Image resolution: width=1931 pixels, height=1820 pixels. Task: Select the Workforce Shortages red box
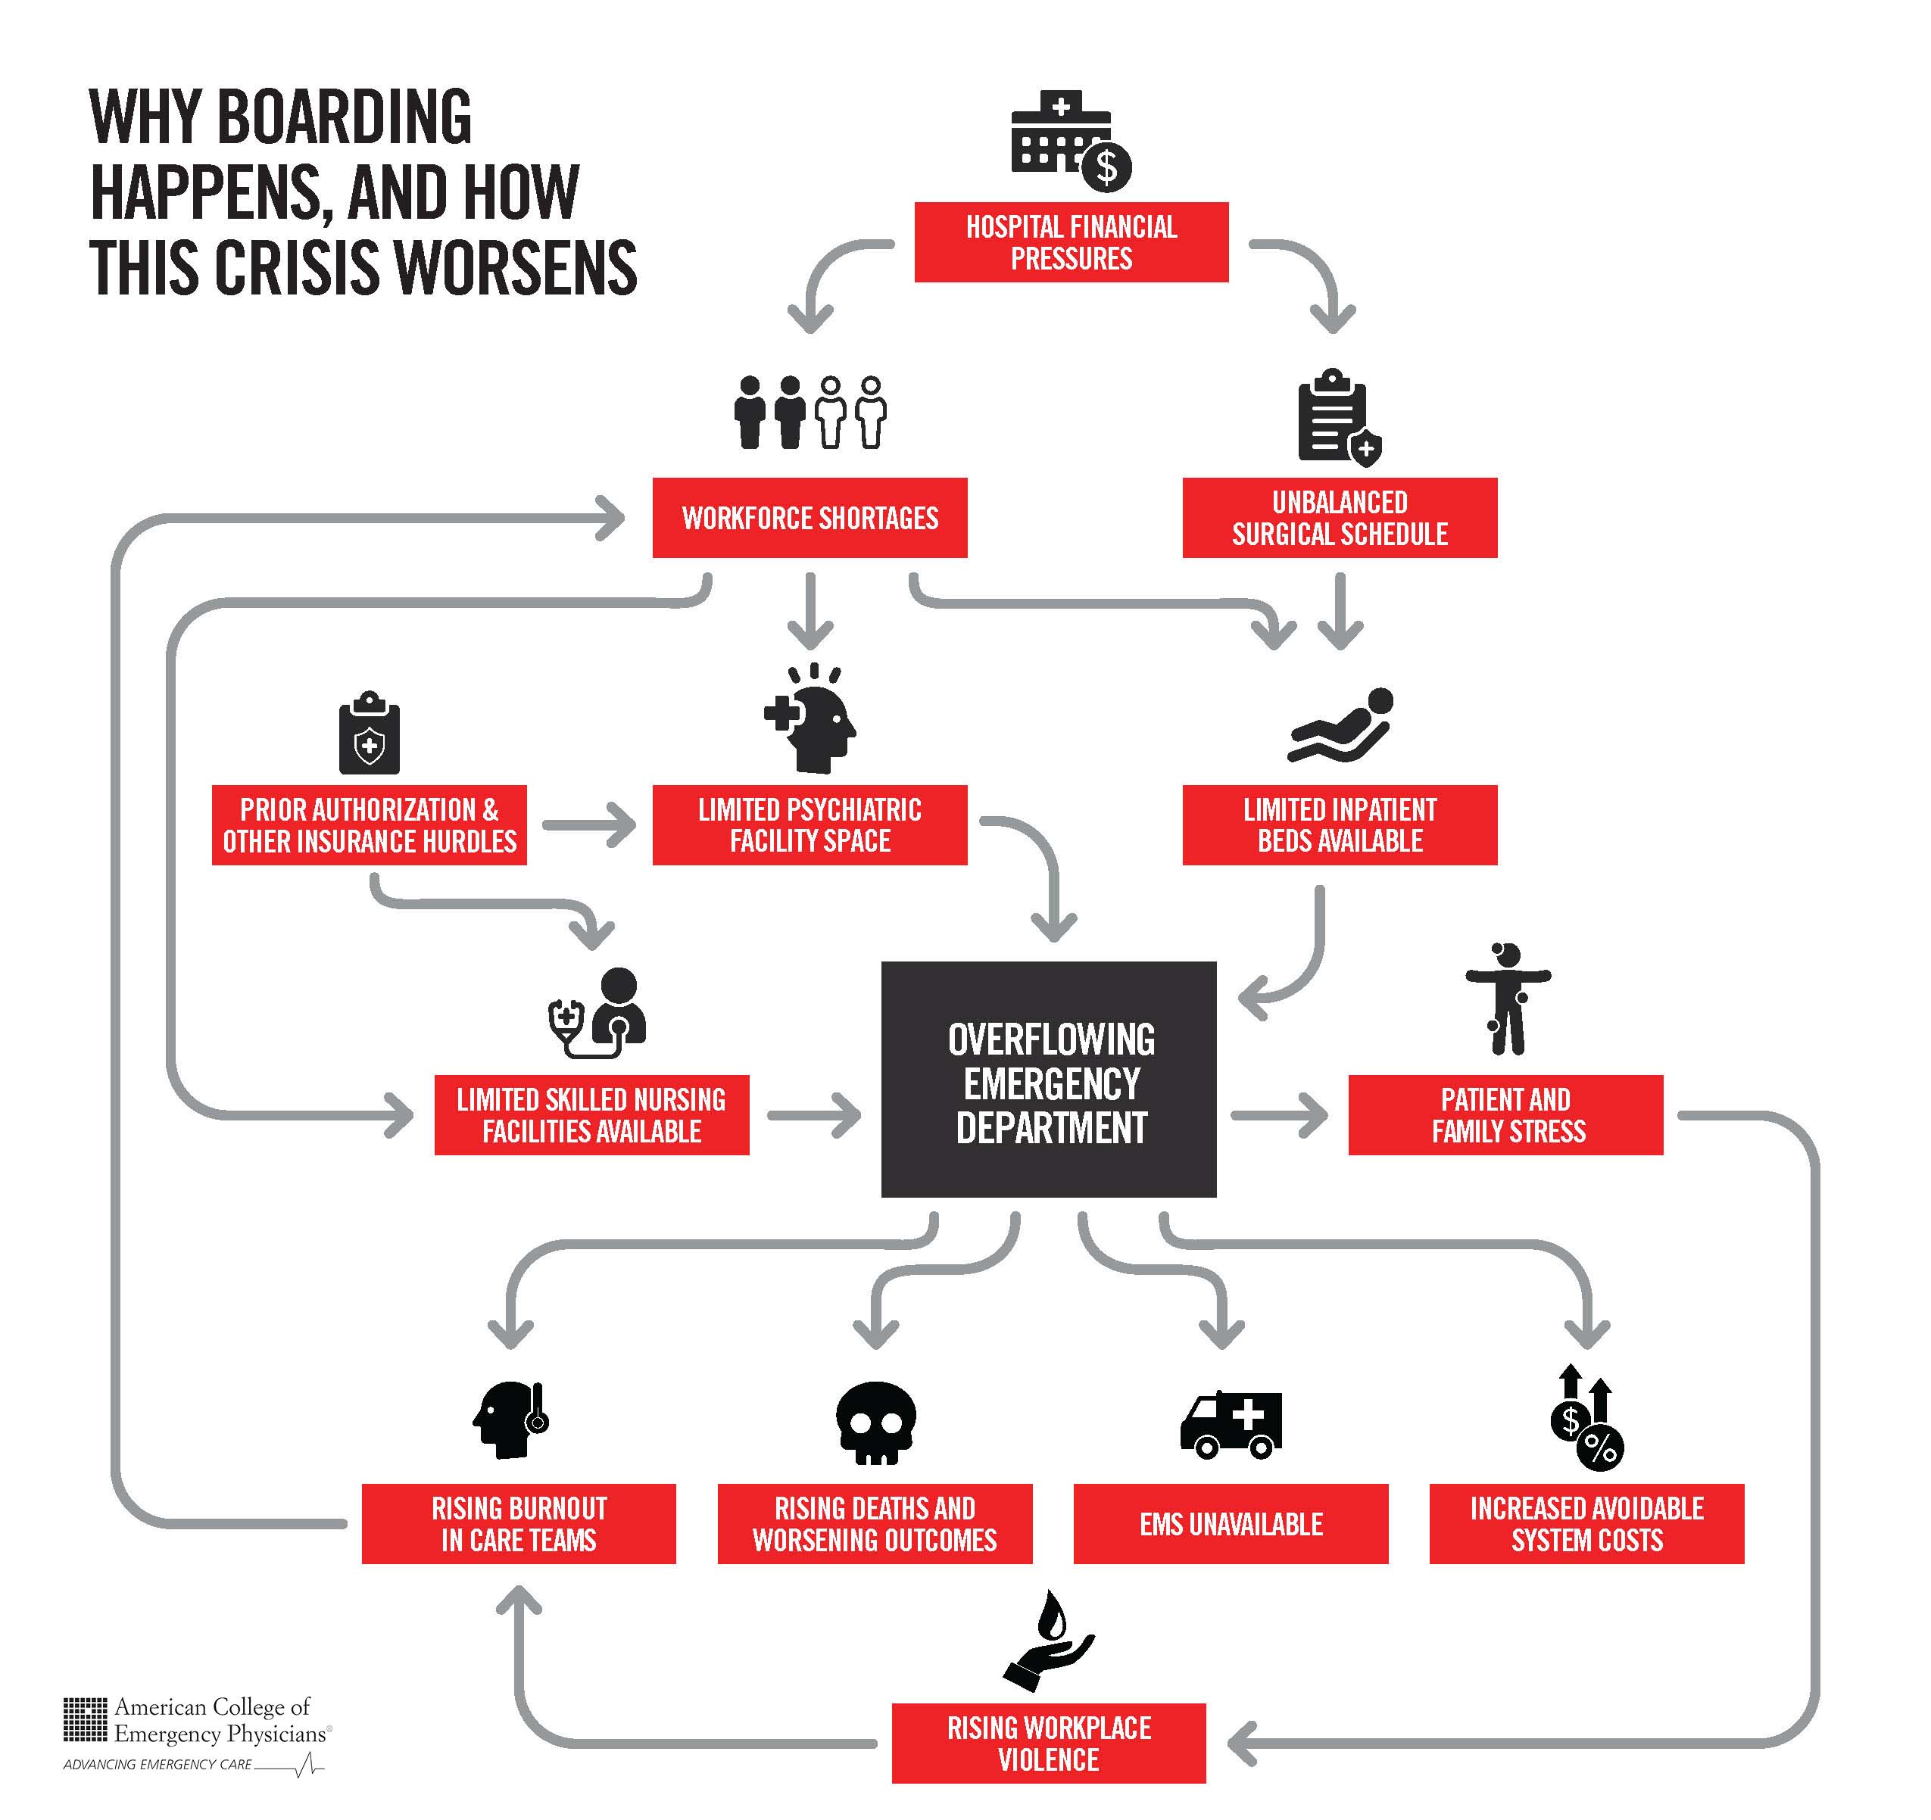[810, 518]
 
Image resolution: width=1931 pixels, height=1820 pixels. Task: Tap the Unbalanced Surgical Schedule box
[1340, 518]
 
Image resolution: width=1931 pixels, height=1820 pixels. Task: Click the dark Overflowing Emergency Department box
[1049, 1079]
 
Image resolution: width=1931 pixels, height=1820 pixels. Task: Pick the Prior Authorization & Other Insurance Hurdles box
[369, 824]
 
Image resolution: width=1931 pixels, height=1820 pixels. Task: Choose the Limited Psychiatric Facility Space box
[810, 824]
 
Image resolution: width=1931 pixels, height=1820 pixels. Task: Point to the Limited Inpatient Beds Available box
[1340, 824]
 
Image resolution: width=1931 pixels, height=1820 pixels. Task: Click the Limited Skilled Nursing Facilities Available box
[591, 1115]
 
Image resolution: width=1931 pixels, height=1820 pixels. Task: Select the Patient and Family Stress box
[1505, 1115]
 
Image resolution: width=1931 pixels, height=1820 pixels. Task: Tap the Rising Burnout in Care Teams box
[519, 1524]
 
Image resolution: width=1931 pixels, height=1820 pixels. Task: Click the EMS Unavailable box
[1231, 1524]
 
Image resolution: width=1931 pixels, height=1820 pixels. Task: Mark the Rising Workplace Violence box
[1049, 1744]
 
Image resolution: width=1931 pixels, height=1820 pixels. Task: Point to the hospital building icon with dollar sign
[1072, 141]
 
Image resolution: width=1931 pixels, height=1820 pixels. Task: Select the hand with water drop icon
[1049, 1641]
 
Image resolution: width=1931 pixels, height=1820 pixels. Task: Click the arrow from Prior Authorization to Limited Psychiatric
[588, 824]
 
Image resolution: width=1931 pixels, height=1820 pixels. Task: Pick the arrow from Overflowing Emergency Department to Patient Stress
[1279, 1115]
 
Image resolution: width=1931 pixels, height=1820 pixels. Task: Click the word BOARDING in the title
[344, 117]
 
